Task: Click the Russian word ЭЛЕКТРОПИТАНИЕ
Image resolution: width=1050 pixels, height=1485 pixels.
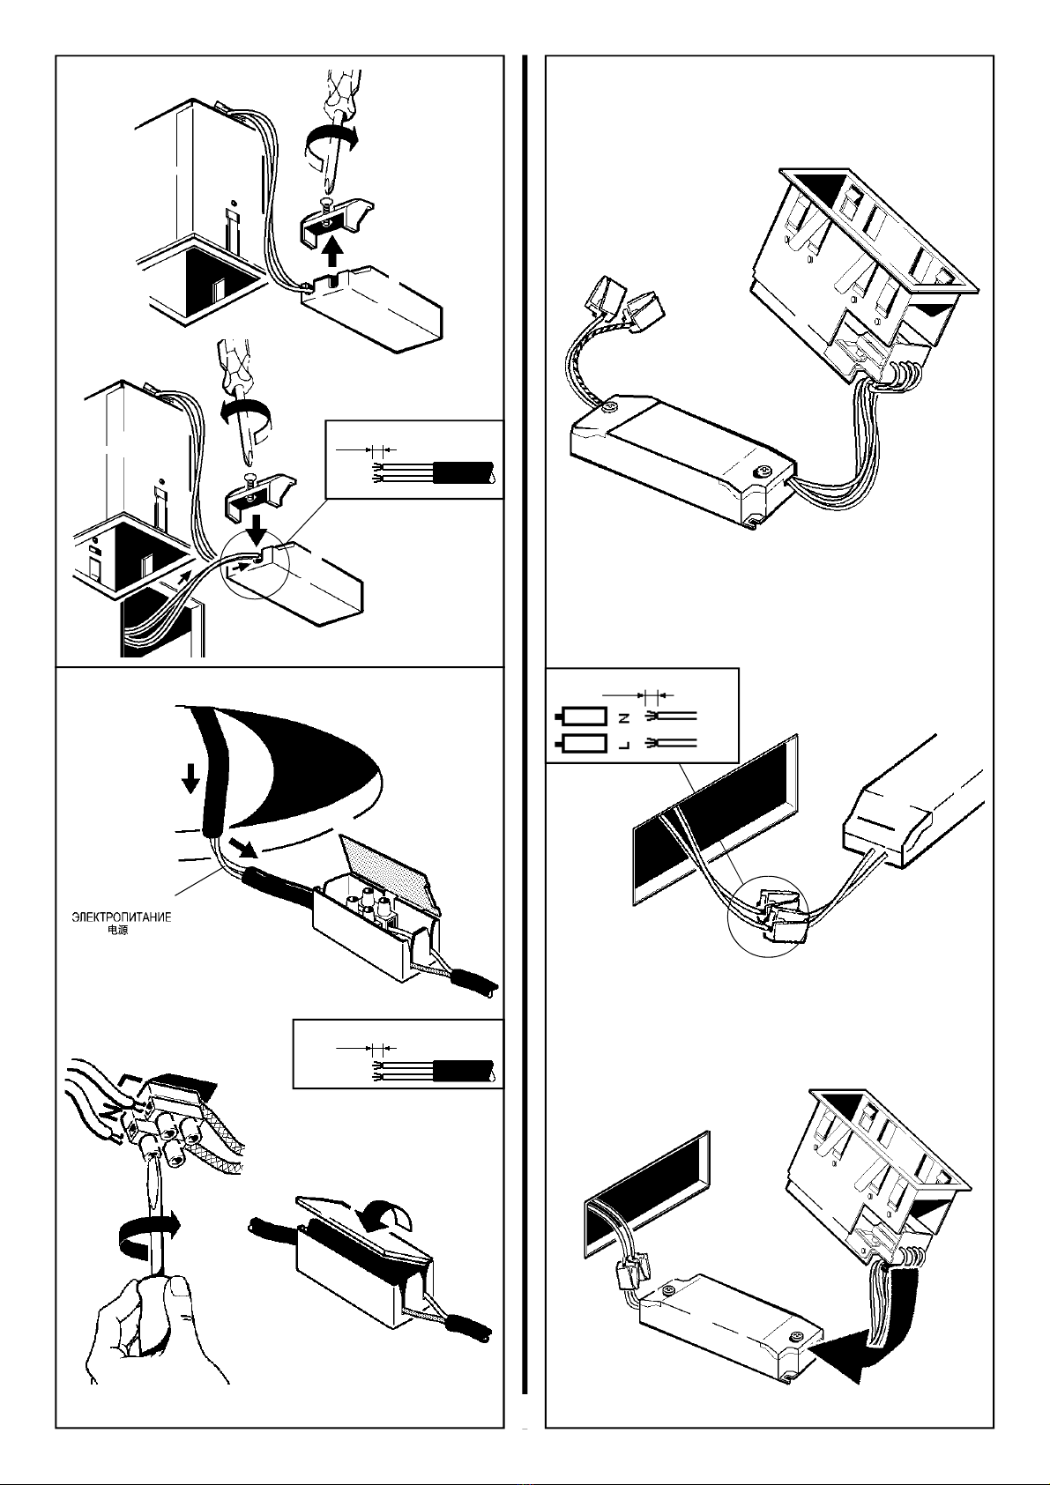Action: tap(121, 917)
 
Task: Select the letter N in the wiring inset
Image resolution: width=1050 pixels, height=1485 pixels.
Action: tap(624, 716)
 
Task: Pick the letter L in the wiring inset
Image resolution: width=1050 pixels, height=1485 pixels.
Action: tap(624, 744)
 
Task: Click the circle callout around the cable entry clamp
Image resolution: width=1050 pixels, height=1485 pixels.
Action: tap(256, 566)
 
